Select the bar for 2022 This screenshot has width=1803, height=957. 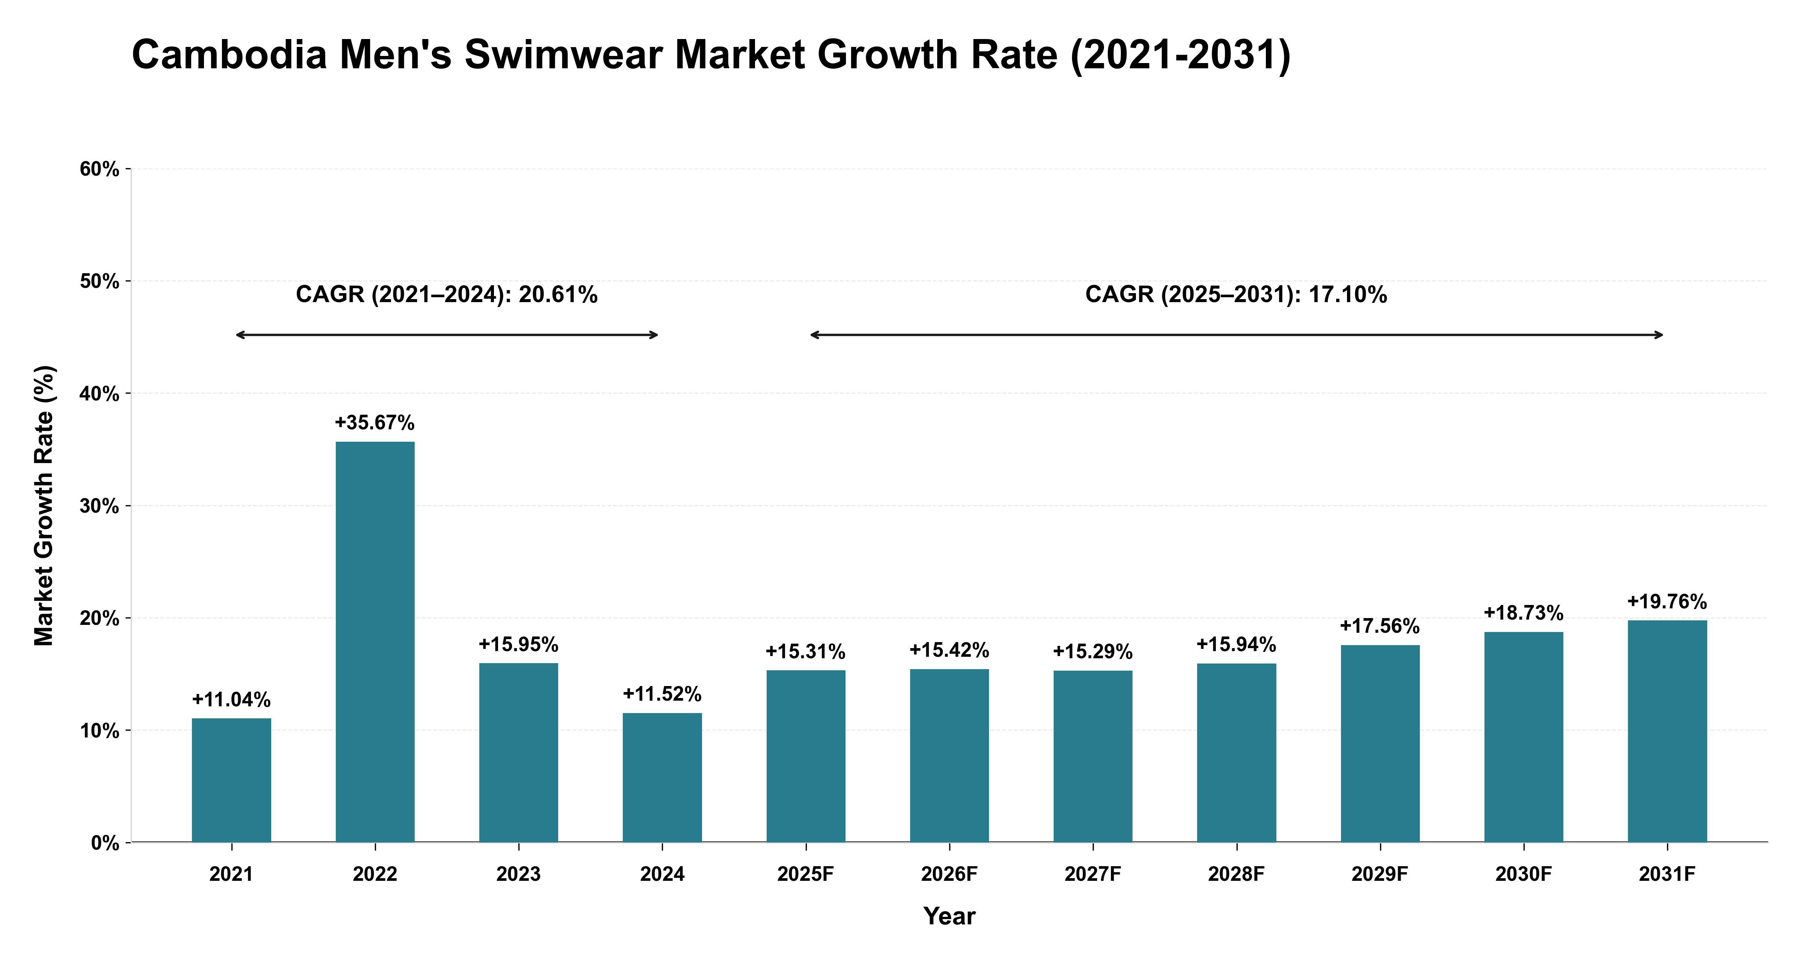pyautogui.click(x=375, y=641)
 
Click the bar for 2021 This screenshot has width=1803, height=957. pyautogui.click(x=232, y=780)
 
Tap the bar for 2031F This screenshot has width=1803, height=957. pyautogui.click(x=1667, y=731)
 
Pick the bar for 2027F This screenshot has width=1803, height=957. pyautogui.click(x=1093, y=756)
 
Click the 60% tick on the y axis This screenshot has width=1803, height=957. pyautogui.click(x=100, y=169)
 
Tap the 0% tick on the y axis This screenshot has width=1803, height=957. pyautogui.click(x=105, y=843)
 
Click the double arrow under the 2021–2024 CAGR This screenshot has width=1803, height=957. pyautogui.click(x=447, y=335)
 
